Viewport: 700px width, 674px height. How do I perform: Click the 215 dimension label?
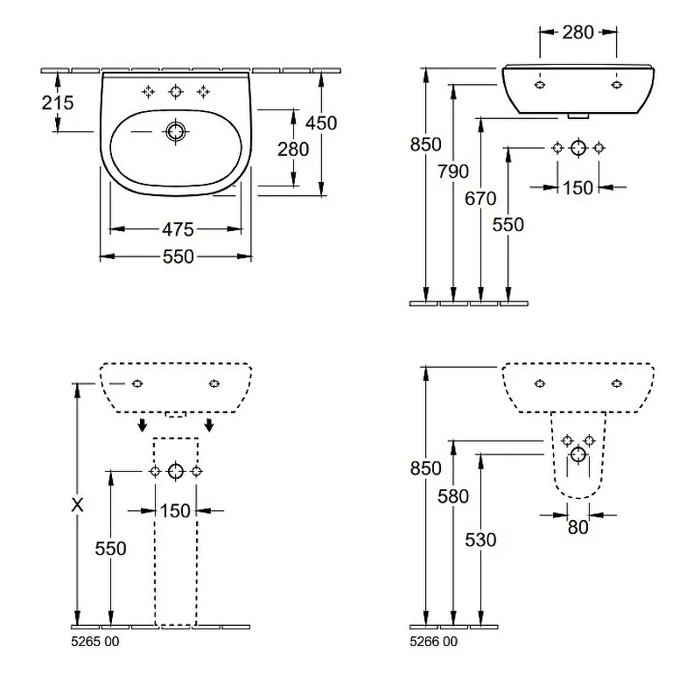point(58,103)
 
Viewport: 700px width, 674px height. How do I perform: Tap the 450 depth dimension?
point(321,123)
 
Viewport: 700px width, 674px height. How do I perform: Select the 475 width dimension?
point(178,229)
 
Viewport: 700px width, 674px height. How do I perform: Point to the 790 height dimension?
point(453,172)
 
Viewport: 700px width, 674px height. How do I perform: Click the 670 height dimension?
point(480,199)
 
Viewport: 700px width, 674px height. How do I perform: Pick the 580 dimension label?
point(453,496)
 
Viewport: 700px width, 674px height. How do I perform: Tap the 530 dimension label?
point(480,540)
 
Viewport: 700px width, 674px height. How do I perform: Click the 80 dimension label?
point(577,528)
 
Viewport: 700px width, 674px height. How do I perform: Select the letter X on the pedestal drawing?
point(77,505)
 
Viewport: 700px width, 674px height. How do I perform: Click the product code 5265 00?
point(95,642)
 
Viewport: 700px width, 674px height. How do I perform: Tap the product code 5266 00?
point(433,642)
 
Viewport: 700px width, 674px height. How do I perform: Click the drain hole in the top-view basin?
point(176,132)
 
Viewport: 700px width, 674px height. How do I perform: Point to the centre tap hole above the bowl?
point(176,92)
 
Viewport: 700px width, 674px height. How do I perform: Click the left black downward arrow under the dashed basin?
point(142,425)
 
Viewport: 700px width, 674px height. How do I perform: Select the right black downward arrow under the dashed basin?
point(208,425)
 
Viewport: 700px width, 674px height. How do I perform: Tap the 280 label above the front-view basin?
point(577,32)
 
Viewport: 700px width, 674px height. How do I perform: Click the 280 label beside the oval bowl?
point(293,149)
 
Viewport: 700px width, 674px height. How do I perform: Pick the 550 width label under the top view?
point(178,256)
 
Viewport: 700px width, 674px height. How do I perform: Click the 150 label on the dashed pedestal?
point(175,511)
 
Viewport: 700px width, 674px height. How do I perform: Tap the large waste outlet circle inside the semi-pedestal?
point(578,455)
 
